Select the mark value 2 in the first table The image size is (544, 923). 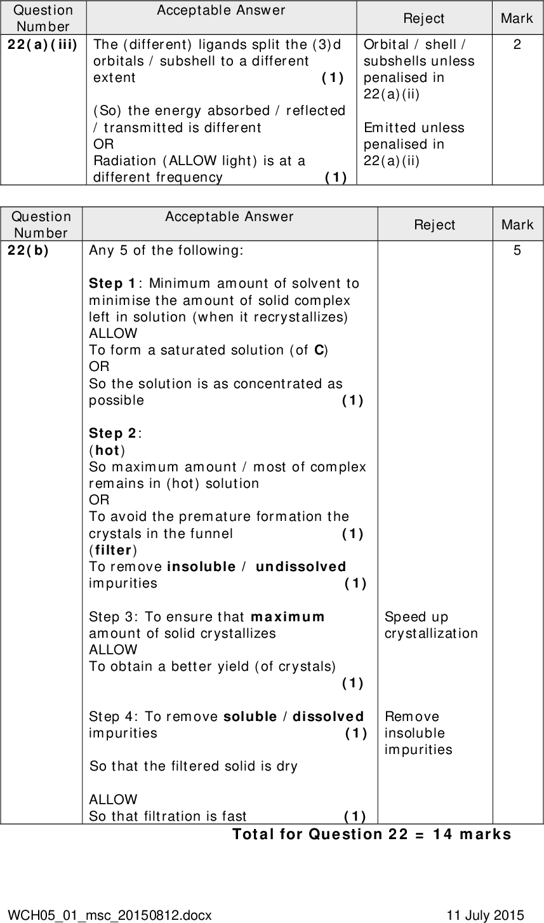tap(517, 45)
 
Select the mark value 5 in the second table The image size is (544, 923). tap(517, 251)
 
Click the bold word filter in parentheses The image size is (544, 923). tap(112, 549)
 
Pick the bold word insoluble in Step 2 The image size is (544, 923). tap(202, 567)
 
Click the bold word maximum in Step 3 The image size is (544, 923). tap(288, 617)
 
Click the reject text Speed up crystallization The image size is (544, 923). tap(431, 625)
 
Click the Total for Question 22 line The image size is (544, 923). tap(371, 833)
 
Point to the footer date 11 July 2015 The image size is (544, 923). tap(486, 915)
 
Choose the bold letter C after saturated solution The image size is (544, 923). tap(320, 350)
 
